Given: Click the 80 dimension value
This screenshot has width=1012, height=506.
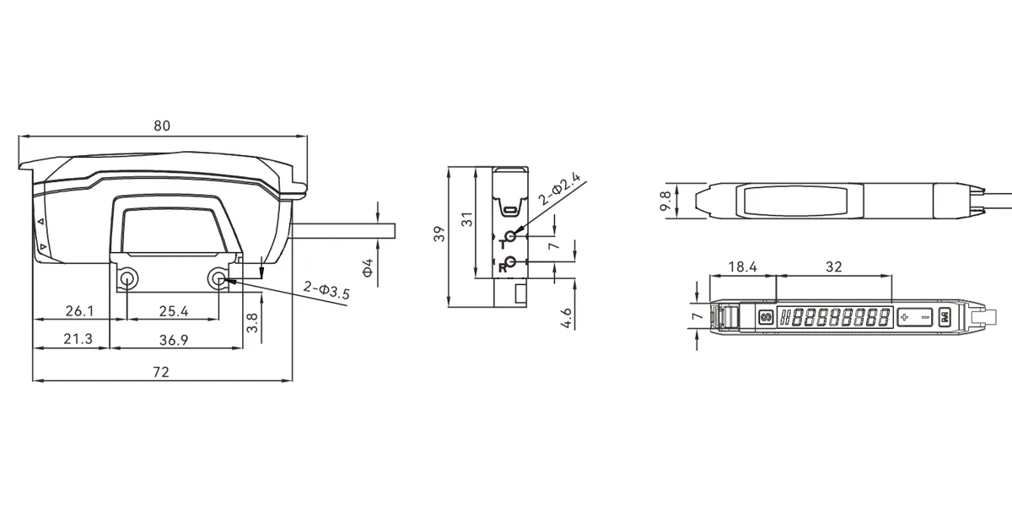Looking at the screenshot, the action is click(x=162, y=126).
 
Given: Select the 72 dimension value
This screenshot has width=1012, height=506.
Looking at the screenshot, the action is click(x=161, y=372).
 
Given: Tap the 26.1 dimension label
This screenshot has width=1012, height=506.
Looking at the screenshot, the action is click(x=79, y=311).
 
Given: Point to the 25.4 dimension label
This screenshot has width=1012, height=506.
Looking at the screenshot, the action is click(x=174, y=311).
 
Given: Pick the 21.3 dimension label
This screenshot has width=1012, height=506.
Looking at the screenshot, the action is click(x=78, y=339).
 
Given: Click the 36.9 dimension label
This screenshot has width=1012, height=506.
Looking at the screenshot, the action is click(x=174, y=340).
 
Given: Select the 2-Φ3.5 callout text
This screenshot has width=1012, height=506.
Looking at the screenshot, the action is click(x=326, y=290).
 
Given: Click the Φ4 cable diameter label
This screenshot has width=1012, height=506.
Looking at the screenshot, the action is click(x=369, y=267).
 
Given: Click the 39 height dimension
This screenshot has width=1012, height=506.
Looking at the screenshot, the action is click(x=439, y=234).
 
